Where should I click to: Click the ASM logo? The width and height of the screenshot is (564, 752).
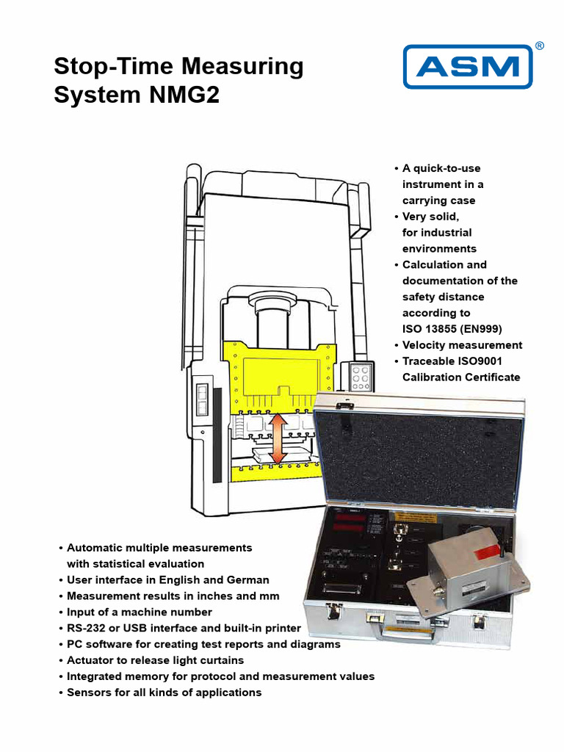coord(467,67)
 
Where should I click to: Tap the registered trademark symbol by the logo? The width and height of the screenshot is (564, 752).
coord(540,46)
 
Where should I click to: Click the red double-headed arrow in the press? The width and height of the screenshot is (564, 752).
coord(278,438)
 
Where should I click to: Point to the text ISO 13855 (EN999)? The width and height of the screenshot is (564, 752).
coord(452,329)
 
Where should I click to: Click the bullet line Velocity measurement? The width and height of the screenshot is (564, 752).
coord(462,345)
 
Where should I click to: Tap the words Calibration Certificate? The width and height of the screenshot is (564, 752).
coord(460,377)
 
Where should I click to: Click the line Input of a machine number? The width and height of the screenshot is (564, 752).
coord(139,612)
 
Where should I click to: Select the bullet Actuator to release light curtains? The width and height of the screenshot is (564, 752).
coord(155,660)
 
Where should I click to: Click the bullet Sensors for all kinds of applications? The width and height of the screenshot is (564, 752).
coord(164,693)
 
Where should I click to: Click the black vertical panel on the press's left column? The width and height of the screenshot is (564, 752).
coord(217,435)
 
